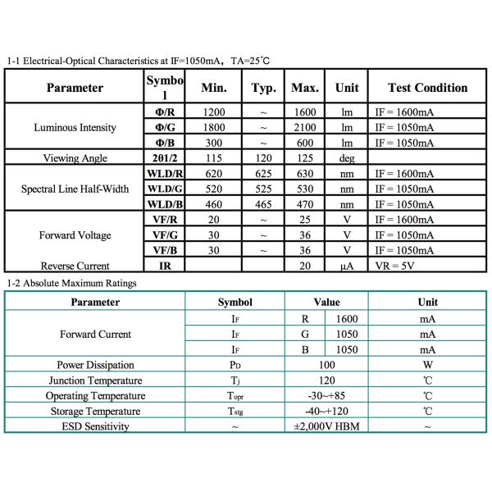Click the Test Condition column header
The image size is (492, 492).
(x=426, y=88)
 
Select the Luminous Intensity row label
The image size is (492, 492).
(x=75, y=128)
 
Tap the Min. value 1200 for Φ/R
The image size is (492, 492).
(x=213, y=112)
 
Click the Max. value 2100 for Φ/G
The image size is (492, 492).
(x=305, y=128)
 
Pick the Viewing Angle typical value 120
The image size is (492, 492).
(x=263, y=158)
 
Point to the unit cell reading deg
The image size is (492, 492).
(x=346, y=158)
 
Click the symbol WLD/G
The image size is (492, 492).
(x=164, y=189)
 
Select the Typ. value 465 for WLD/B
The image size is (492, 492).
(x=263, y=204)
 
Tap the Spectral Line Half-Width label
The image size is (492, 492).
(x=75, y=189)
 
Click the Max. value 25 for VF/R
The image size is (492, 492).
(x=305, y=220)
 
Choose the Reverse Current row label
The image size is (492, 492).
(x=75, y=266)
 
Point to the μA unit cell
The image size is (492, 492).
(x=346, y=266)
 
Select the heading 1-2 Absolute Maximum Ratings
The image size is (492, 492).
(x=71, y=283)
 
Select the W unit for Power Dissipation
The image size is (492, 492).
(x=427, y=365)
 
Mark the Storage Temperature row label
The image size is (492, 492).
(x=95, y=411)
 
